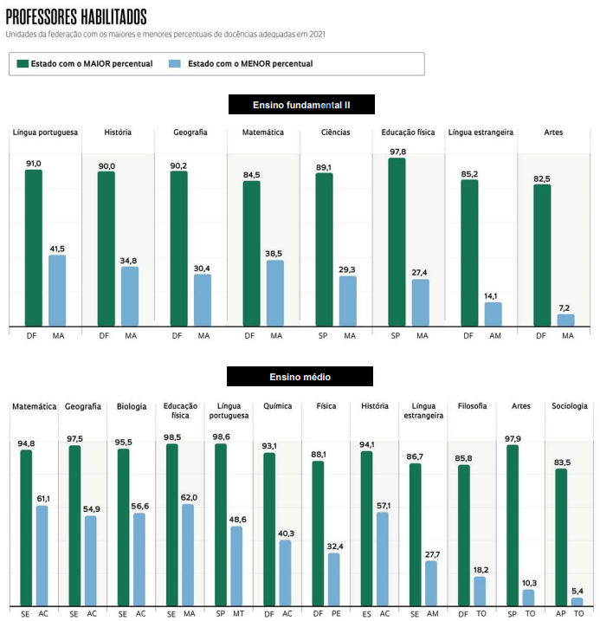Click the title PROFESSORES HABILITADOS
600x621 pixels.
[76, 17]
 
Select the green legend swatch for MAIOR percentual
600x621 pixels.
[23, 64]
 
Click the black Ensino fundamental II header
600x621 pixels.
[301, 105]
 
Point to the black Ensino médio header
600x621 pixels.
[300, 377]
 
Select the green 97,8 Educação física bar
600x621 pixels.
[397, 243]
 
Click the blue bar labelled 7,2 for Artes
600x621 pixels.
[566, 320]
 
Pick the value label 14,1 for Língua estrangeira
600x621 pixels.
[493, 295]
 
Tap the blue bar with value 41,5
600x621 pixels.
[57, 291]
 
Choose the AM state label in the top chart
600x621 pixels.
[494, 336]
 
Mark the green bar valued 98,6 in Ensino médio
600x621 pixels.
[221, 524]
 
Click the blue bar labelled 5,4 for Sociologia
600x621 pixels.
[577, 601]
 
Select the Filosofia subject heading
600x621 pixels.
[472, 406]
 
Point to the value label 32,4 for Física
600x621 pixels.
[333, 547]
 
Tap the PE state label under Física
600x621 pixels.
[335, 614]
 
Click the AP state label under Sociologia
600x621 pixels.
[560, 614]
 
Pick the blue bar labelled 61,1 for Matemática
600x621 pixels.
[42, 555]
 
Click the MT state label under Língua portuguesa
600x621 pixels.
[238, 614]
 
